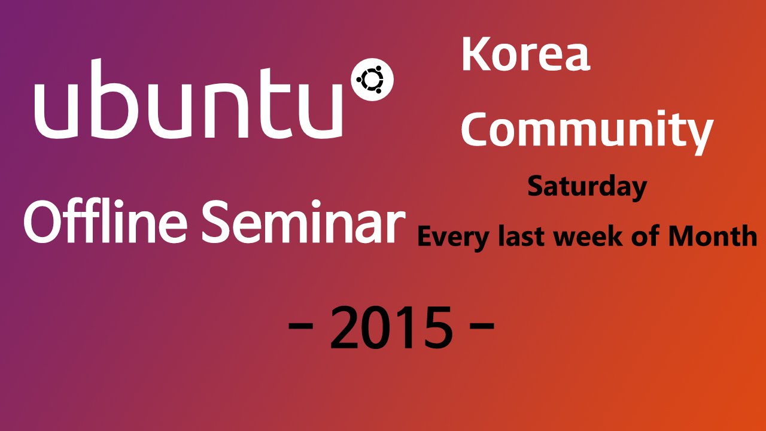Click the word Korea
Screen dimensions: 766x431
526,54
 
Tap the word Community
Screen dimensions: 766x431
587,132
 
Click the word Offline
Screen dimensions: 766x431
105,221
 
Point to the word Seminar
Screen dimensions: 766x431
303,221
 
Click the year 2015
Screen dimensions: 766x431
391,327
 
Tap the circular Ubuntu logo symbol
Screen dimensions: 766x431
372,80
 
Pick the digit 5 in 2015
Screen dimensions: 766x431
436,327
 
